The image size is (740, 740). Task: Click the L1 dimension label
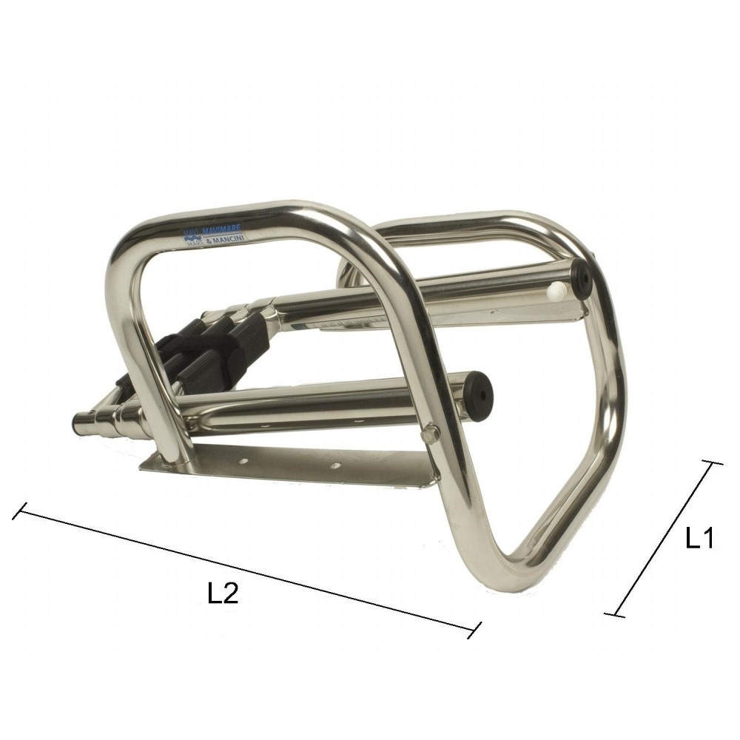coord(698,538)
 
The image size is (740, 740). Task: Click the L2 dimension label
coord(222,593)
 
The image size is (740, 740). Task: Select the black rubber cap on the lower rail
coord(480,397)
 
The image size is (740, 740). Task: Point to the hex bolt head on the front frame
coord(431,433)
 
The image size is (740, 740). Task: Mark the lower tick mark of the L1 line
coord(615,614)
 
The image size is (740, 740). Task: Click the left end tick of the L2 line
coord(21,511)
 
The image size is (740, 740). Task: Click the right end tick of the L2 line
coord(475,630)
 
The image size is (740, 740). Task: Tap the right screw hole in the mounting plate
coord(335,466)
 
